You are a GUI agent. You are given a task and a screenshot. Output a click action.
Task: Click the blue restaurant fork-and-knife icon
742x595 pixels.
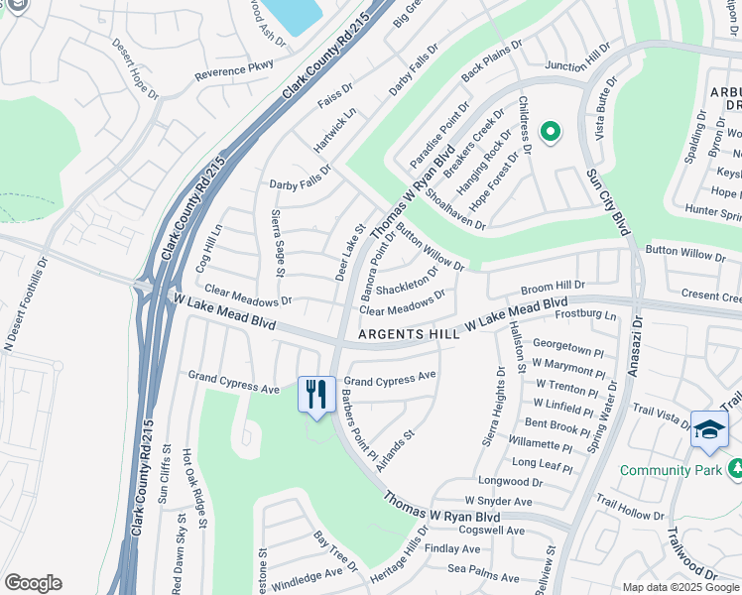pos(316,395)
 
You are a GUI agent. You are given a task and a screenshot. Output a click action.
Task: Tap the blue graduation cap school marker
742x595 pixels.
pos(709,428)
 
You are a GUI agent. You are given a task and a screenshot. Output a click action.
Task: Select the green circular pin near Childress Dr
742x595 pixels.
pos(549,131)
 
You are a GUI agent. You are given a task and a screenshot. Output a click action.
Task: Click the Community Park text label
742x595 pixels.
pos(671,470)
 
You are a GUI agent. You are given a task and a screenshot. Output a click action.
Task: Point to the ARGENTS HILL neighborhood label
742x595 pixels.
pos(409,335)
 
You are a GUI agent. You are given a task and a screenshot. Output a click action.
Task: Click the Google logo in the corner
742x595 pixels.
pos(33,583)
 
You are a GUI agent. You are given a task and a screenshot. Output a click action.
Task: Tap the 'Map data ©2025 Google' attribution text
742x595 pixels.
pos(680,587)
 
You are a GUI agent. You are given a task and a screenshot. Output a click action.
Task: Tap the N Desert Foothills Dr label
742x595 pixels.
pos(28,305)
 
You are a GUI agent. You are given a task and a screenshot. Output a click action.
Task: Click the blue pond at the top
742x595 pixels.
pos(295,14)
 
